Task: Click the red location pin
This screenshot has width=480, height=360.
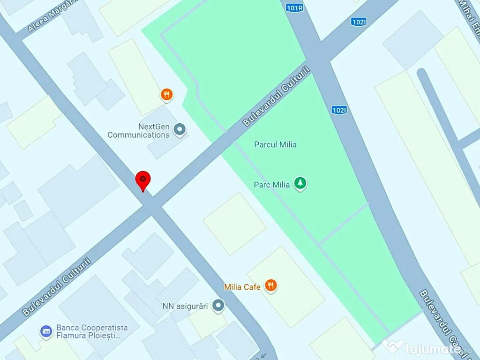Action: (143, 180)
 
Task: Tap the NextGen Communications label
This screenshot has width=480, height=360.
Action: (138, 131)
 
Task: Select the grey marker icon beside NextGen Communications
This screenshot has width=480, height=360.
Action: (180, 129)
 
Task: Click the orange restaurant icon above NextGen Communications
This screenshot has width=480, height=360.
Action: (166, 95)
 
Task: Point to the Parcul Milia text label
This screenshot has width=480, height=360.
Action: (275, 144)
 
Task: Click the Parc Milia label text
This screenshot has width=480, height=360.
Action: (272, 185)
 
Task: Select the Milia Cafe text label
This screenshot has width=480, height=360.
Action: (242, 287)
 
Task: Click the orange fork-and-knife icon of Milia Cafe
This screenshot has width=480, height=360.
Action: (270, 285)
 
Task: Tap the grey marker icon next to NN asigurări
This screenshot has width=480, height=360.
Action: (218, 306)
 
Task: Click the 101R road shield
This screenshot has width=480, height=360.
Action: (294, 7)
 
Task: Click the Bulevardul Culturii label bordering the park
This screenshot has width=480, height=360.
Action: (277, 97)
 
